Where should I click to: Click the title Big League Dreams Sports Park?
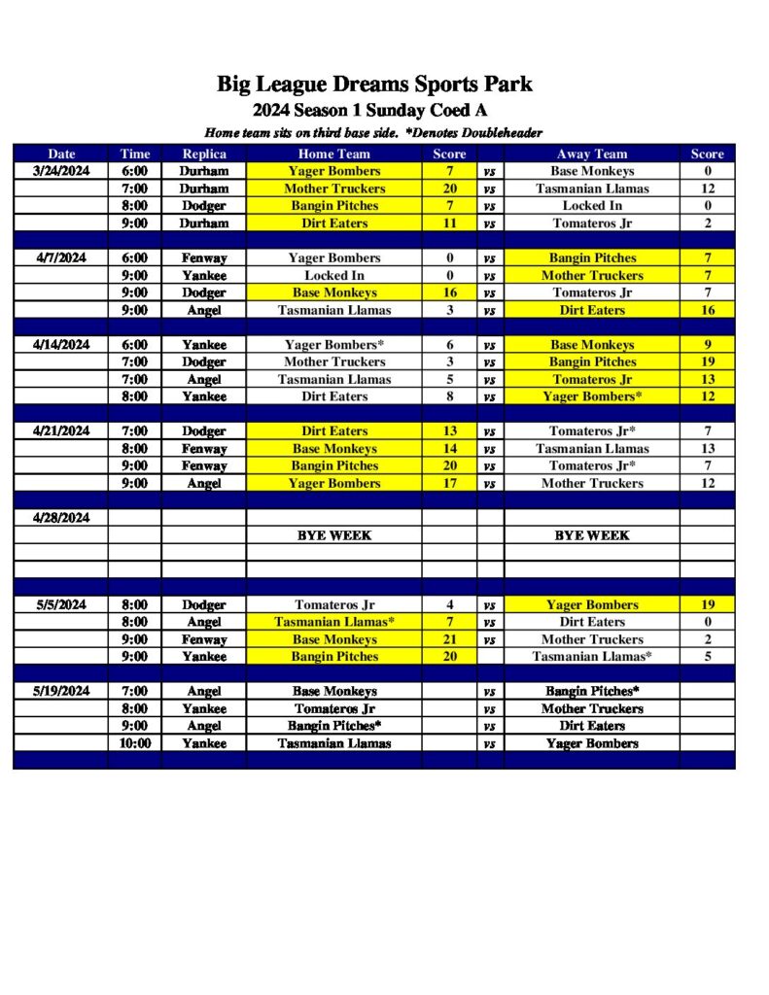(374, 85)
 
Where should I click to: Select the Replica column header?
(204, 154)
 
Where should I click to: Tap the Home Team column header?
(333, 154)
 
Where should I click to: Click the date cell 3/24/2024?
(60, 171)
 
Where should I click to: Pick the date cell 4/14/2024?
(60, 345)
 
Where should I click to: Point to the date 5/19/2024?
(60, 691)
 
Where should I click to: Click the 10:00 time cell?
(134, 743)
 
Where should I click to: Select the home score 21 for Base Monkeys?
(449, 639)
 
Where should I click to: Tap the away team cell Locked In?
(592, 206)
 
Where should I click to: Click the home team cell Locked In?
(333, 276)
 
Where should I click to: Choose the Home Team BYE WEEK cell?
(333, 535)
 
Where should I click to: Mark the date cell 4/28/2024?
(60, 518)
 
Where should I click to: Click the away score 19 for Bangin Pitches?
(707, 362)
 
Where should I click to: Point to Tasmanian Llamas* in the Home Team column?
(333, 622)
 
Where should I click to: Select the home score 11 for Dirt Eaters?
(449, 223)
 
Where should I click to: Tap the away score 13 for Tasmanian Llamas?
(707, 449)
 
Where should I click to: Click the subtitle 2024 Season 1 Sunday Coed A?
(374, 110)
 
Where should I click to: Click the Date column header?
(60, 154)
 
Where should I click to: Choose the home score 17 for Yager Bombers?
(449, 483)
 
